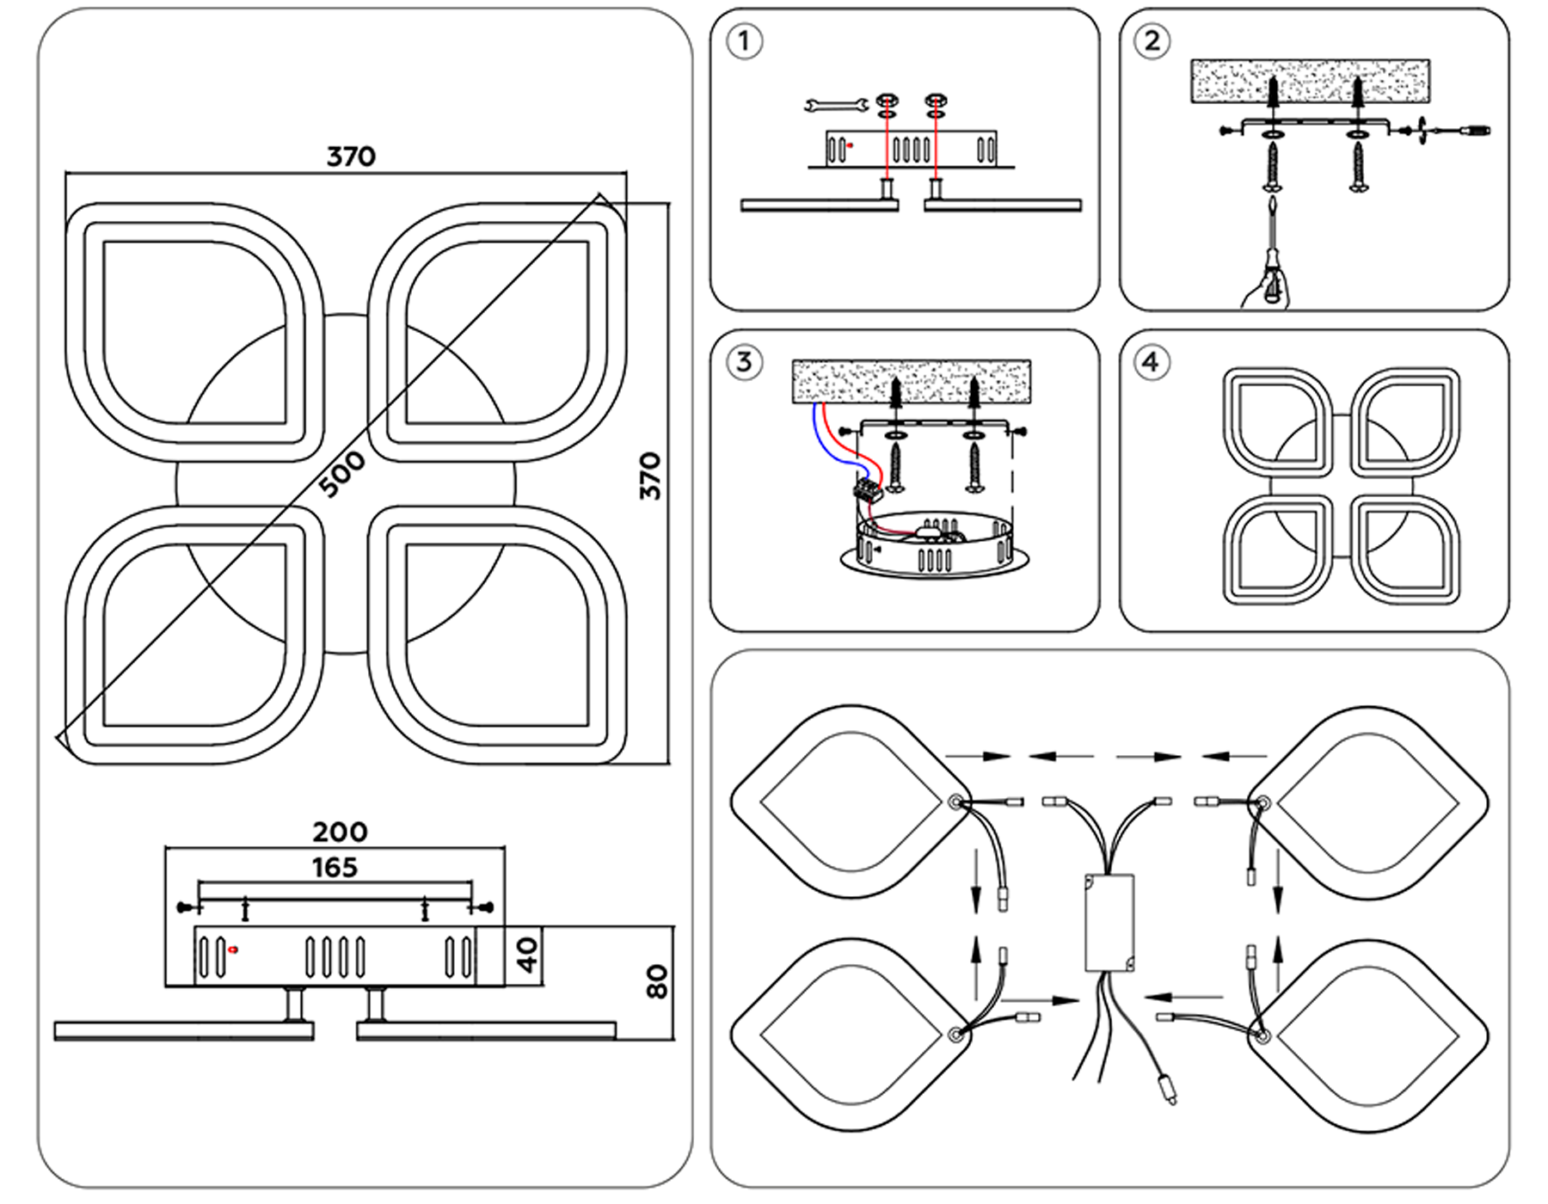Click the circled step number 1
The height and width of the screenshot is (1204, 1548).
point(744,41)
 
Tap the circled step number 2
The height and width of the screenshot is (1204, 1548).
point(1152,41)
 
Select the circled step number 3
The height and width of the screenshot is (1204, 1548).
point(744,362)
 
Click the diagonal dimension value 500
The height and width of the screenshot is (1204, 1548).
point(341,474)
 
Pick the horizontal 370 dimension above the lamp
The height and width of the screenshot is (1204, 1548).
point(351,157)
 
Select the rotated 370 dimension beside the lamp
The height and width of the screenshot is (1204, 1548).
point(651,476)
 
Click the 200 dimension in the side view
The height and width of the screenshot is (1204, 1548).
point(340,832)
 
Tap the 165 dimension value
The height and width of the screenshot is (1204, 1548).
point(335,868)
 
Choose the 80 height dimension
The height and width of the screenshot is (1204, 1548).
point(656,981)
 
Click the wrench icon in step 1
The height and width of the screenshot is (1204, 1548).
point(833,106)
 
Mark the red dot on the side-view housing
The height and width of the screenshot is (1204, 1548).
point(233,949)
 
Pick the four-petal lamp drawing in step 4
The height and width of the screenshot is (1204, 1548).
point(1341,486)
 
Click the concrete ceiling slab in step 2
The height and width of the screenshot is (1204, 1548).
point(1310,81)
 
